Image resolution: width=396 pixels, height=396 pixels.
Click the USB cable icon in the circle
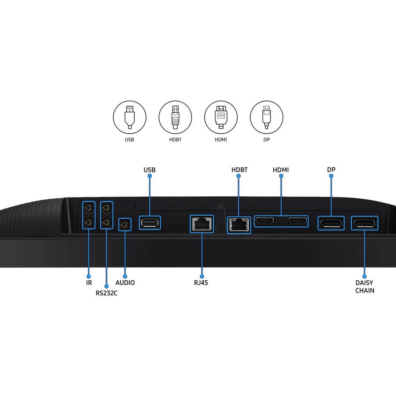(x=129, y=117)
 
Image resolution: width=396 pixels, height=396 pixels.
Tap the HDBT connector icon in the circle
(x=175, y=117)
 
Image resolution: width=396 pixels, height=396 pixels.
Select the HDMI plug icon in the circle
(x=221, y=117)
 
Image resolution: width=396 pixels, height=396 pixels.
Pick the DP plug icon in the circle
(x=267, y=117)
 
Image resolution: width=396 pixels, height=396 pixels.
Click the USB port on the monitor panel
(x=150, y=223)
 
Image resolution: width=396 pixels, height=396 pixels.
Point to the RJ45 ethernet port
(x=202, y=224)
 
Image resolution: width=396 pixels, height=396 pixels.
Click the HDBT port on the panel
(x=239, y=225)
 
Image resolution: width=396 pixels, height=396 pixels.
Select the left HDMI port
(x=264, y=221)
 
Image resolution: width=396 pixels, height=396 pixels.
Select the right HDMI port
(x=298, y=221)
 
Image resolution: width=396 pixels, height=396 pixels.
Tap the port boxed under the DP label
(x=331, y=223)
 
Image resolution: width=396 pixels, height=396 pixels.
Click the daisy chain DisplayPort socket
(x=364, y=223)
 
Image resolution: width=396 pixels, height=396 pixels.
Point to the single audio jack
(x=125, y=224)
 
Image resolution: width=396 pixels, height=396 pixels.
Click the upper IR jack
(x=89, y=208)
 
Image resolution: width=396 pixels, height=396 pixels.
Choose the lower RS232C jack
(x=106, y=223)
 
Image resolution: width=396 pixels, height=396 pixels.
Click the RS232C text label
(x=106, y=293)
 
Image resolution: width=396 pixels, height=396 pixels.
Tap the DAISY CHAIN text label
(x=365, y=286)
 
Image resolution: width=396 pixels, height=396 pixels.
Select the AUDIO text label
(x=125, y=282)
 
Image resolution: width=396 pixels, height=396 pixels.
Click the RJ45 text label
(x=201, y=282)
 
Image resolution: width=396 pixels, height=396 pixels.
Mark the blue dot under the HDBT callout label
(x=238, y=176)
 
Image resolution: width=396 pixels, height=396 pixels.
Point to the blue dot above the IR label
(x=88, y=276)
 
